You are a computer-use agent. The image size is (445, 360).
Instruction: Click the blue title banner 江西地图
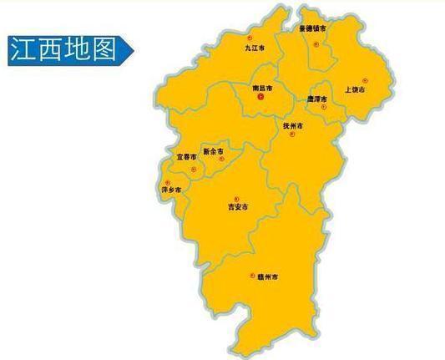[68, 49]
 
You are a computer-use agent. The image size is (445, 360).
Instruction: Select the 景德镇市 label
[312, 28]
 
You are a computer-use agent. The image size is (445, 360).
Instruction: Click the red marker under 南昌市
[260, 97]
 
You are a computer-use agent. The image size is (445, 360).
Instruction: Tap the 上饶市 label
[355, 89]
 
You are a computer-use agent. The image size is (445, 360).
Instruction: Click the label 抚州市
[293, 125]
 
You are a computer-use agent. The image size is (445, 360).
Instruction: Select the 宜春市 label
[186, 157]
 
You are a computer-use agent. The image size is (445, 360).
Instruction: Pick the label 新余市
[213, 151]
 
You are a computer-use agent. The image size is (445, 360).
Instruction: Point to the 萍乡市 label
[170, 190]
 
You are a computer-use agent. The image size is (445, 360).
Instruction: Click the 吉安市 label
[238, 206]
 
